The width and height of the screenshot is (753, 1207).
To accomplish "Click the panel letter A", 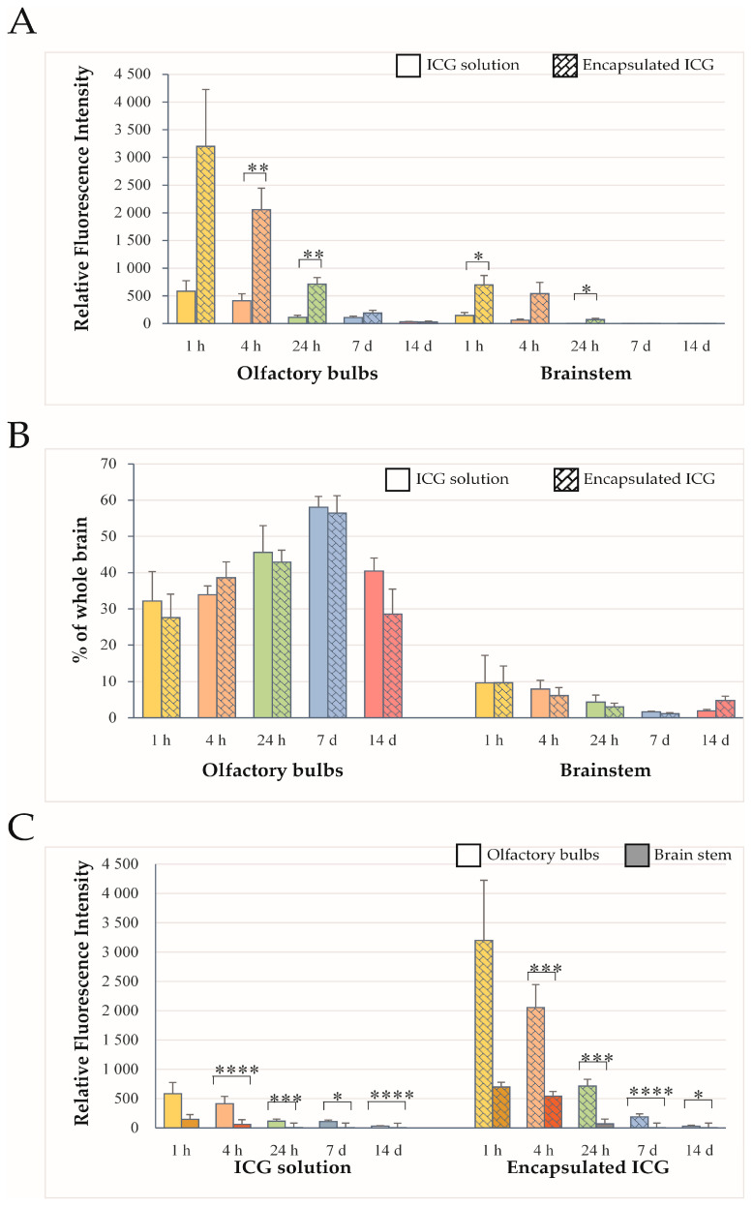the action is point(22,22).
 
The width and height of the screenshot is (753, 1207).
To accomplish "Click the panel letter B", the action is point(18,436).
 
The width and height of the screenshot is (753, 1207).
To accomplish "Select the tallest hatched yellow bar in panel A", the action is point(205,234).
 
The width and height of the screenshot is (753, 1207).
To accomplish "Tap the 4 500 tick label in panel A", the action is point(132,74).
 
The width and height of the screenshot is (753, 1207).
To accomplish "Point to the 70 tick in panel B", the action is point(108,464).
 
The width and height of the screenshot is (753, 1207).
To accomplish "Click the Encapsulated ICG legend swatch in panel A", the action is point(565,65).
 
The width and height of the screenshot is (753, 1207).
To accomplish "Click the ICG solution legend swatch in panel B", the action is point(398,479).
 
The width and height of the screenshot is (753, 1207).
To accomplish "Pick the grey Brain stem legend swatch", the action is point(637,856).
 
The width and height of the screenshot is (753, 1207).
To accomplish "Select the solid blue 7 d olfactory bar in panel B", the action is point(318,612).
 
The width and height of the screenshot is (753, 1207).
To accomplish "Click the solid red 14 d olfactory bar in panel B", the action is point(374,644).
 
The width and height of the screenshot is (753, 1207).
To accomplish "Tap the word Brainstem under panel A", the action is point(586,374).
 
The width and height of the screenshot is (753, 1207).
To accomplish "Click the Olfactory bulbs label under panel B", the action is point(273,770).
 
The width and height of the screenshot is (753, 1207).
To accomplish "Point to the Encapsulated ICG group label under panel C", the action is point(588,1167).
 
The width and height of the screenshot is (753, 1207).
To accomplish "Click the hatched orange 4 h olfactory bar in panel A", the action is point(261,266).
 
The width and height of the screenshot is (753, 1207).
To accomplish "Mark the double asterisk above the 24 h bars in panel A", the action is point(313,254).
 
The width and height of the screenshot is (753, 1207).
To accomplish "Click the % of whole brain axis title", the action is point(79,589).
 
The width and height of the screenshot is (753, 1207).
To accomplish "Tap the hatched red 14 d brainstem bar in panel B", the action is point(726,709).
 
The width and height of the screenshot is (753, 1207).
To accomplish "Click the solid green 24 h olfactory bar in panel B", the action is point(263,635).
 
